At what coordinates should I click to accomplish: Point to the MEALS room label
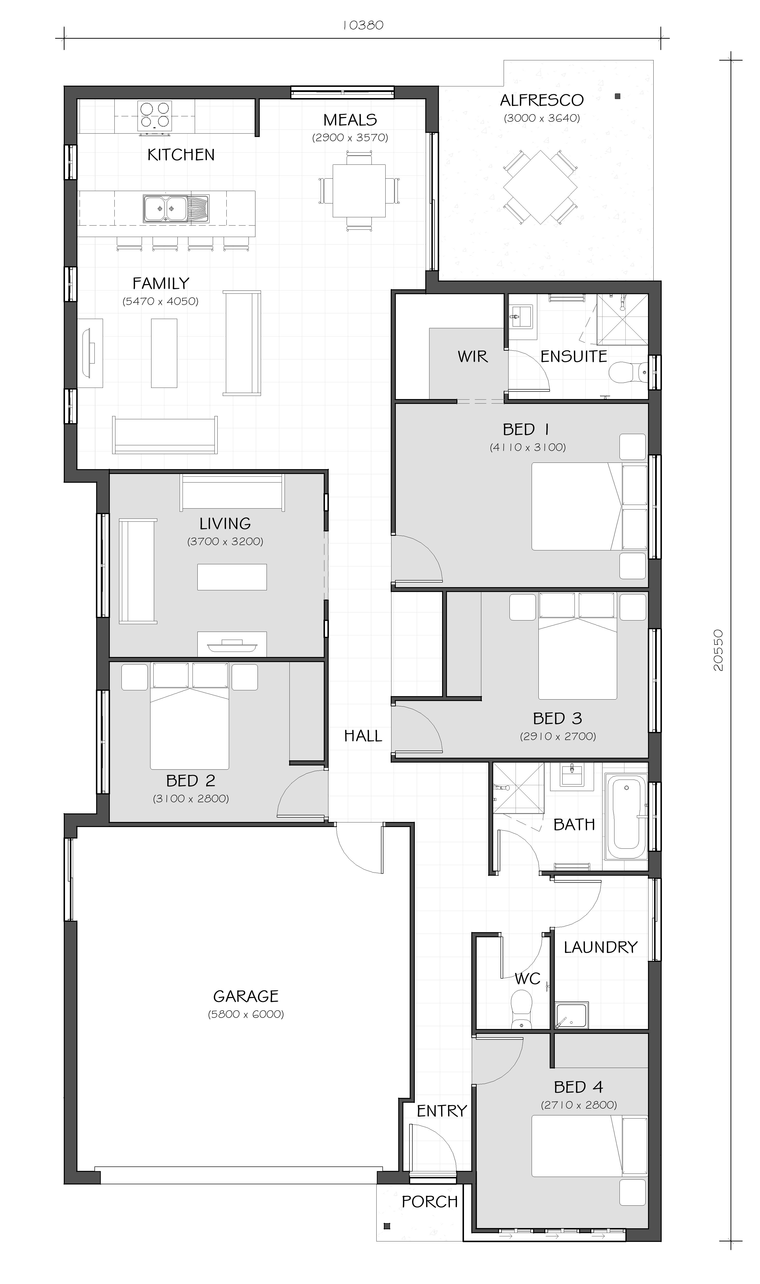tap(350, 120)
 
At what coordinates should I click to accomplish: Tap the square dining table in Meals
tap(359, 190)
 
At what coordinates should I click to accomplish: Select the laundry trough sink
tap(572, 1015)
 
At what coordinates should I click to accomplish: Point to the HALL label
tap(363, 736)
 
